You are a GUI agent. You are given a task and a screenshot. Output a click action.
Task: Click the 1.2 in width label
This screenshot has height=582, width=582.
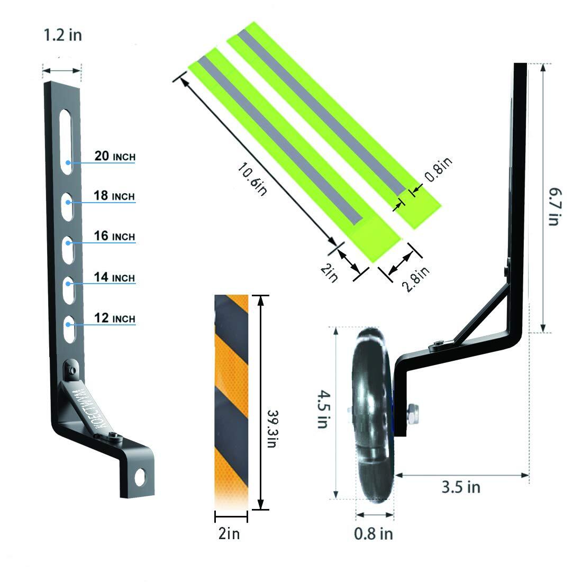(x=63, y=35)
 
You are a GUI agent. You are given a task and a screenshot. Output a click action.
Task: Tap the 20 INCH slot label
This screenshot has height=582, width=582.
(x=115, y=156)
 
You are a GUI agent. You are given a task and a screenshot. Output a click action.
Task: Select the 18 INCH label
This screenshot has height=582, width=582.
(x=114, y=196)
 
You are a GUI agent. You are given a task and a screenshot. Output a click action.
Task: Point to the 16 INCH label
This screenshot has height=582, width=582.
(x=114, y=236)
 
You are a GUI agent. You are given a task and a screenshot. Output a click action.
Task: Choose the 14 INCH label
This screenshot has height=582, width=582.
(x=114, y=277)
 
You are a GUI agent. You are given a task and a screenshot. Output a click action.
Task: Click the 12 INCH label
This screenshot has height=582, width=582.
(x=115, y=318)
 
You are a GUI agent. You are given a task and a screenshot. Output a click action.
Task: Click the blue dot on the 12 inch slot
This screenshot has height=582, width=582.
(x=68, y=324)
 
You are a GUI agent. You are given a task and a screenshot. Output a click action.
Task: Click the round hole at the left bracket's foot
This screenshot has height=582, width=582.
(x=140, y=477)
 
